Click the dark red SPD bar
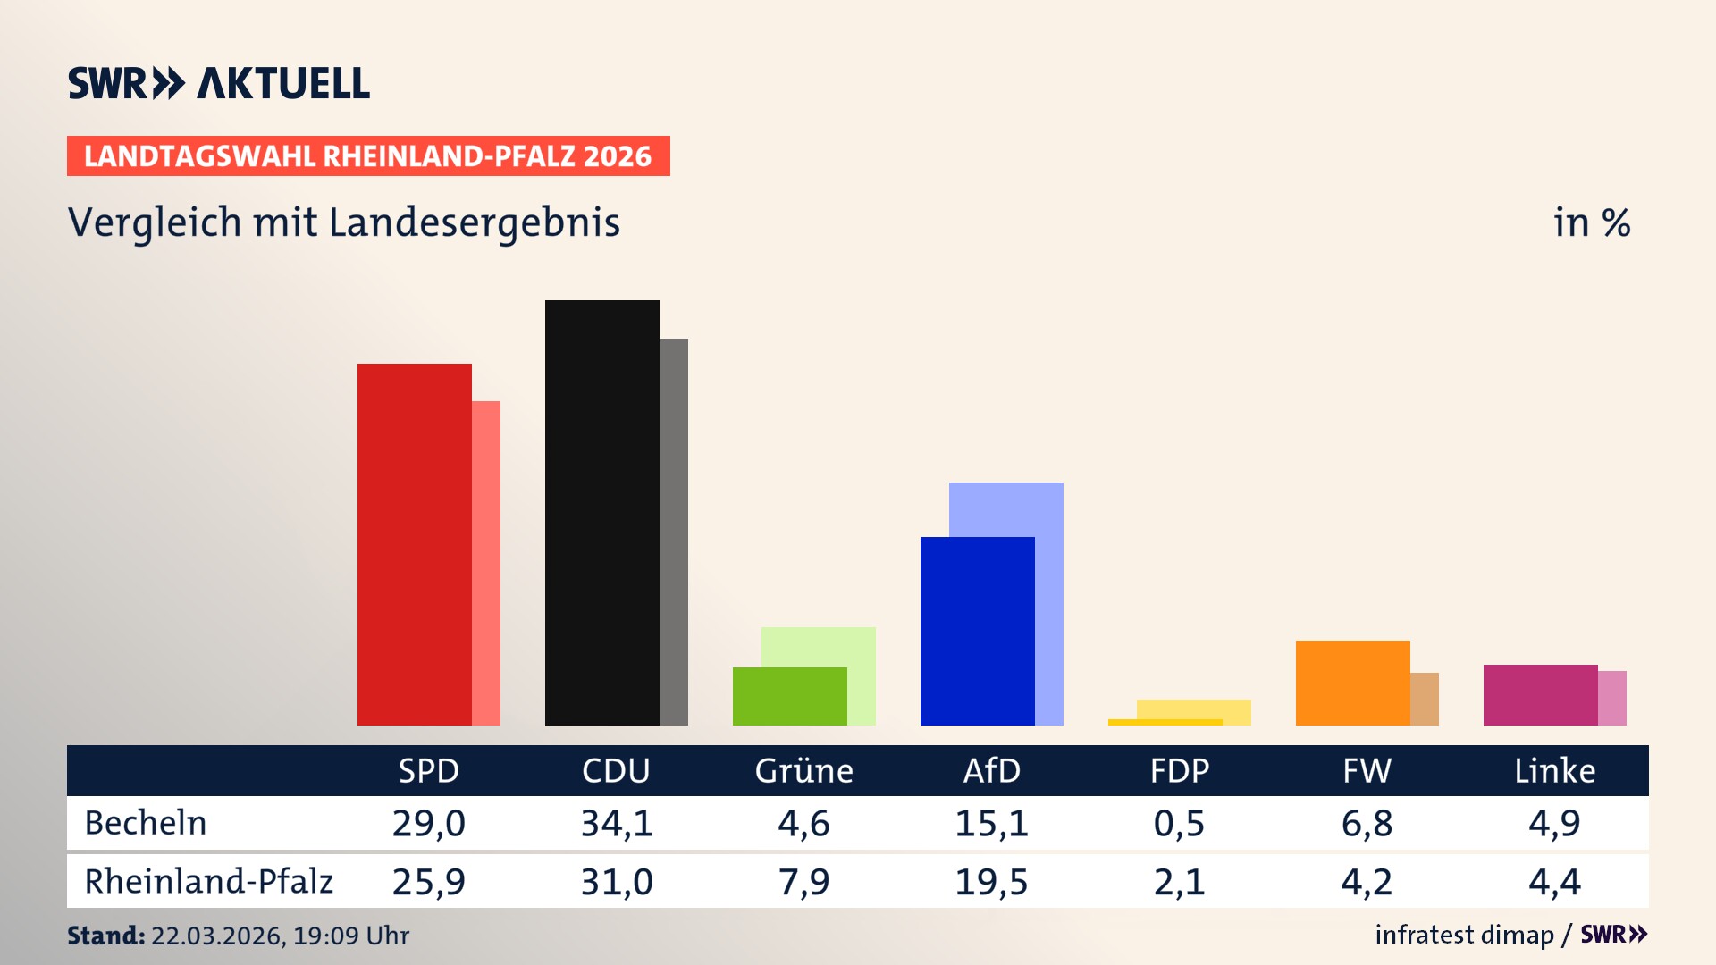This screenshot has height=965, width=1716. tap(414, 545)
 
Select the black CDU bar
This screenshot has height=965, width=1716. tap(601, 514)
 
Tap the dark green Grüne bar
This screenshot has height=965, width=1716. tap(789, 697)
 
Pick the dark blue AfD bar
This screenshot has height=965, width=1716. tap(977, 632)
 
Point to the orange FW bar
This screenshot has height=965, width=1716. tap(1352, 684)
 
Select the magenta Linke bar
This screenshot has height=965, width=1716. tap(1540, 695)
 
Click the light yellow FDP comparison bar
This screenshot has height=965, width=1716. tap(1194, 709)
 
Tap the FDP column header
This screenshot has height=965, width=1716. tap(1179, 771)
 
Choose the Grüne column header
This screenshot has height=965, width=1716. tap(803, 771)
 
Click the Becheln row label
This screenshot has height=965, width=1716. tap(146, 823)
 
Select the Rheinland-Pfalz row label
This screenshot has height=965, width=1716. tap(208, 882)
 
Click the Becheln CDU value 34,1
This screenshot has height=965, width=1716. tap(617, 823)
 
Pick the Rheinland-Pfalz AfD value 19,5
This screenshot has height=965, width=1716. tap(991, 882)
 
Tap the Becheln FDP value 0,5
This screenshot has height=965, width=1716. tap(1179, 823)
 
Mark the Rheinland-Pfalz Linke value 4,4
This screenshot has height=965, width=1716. tap(1554, 882)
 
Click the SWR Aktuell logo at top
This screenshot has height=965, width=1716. tap(219, 83)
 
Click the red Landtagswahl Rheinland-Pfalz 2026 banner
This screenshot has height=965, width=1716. tap(368, 156)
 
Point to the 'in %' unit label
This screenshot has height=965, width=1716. tap(1591, 223)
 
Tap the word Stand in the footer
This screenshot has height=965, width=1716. tap(105, 936)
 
